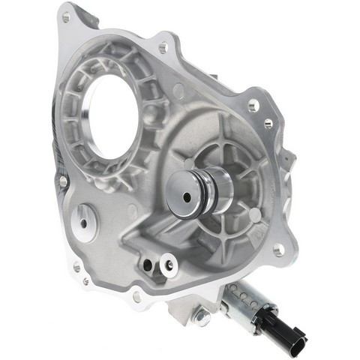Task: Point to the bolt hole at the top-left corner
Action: (x=66, y=16)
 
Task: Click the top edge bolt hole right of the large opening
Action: (x=163, y=47)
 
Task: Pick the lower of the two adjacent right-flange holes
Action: (x=268, y=123)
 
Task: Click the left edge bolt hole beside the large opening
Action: (x=63, y=181)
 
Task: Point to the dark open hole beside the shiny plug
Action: (x=152, y=265)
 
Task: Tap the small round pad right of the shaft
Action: (x=255, y=215)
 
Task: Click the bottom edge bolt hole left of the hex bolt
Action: (x=138, y=296)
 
